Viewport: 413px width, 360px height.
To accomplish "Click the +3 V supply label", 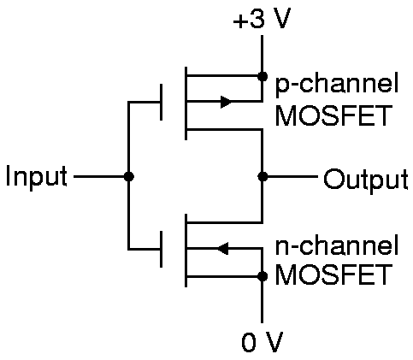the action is [x=262, y=19].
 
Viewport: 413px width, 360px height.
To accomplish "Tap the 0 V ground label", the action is [x=263, y=341].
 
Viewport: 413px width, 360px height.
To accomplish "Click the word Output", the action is [x=366, y=180].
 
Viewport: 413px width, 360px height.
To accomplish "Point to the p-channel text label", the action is [x=337, y=83].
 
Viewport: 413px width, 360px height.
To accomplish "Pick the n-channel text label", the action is [x=337, y=245].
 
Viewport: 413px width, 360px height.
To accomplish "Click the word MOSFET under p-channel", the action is [x=333, y=115].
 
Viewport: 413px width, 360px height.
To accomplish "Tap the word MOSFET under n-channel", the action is [x=333, y=274].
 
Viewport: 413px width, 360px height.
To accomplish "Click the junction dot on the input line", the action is [x=129, y=176].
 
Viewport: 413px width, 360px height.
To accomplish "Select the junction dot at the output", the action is [x=263, y=176].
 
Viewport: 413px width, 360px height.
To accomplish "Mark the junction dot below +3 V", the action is [x=263, y=76].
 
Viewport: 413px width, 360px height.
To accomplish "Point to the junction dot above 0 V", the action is [x=263, y=276].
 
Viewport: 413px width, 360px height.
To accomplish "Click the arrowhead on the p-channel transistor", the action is [x=226, y=102].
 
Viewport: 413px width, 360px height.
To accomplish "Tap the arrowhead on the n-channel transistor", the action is [x=222, y=249].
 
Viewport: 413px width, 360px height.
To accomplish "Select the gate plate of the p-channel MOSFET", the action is [x=162, y=102].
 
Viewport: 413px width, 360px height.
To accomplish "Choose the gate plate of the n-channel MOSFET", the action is [x=162, y=249].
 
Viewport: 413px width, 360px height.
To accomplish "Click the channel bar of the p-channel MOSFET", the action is [x=186, y=103].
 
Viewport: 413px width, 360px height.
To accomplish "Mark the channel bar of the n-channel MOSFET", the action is [x=186, y=251].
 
